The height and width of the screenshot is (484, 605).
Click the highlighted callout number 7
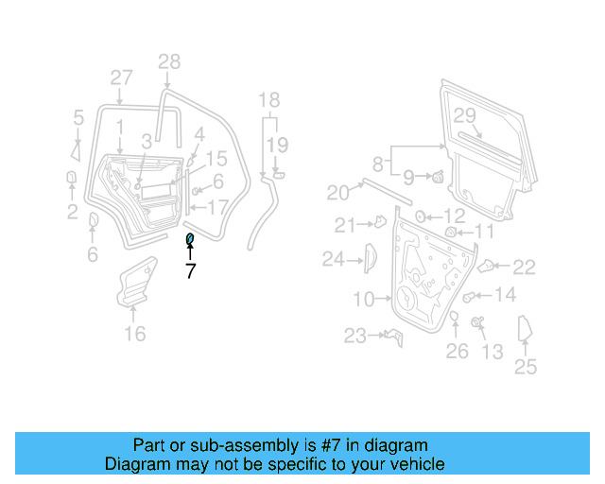(x=190, y=271)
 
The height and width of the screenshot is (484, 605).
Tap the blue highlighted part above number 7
(x=189, y=239)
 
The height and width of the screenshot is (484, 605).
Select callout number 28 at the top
(x=168, y=62)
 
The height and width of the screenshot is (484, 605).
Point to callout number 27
(x=121, y=78)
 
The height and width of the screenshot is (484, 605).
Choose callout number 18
(x=269, y=100)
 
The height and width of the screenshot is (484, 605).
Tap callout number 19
(x=276, y=145)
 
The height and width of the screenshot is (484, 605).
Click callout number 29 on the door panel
(x=462, y=115)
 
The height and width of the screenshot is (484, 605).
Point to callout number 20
(x=338, y=193)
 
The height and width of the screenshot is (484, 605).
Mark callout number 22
(x=524, y=268)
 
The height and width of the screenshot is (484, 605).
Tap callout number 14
(x=506, y=295)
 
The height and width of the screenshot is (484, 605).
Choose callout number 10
(x=365, y=300)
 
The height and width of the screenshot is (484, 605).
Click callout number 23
(x=354, y=336)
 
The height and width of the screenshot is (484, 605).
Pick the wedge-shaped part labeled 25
(x=526, y=332)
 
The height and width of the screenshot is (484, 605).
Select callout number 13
(x=493, y=353)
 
